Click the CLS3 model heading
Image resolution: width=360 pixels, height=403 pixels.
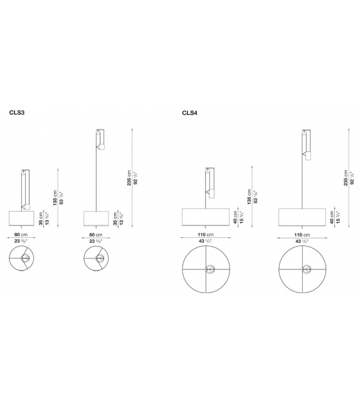point(17,114)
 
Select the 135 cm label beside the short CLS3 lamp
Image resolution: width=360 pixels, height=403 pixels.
point(55,198)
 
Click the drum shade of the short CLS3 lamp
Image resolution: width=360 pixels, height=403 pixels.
point(23,218)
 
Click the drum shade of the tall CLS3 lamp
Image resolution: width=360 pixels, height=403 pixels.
point(97,218)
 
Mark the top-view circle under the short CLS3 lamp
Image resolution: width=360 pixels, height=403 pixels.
point(23,259)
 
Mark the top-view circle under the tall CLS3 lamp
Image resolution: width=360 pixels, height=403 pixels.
point(97,259)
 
